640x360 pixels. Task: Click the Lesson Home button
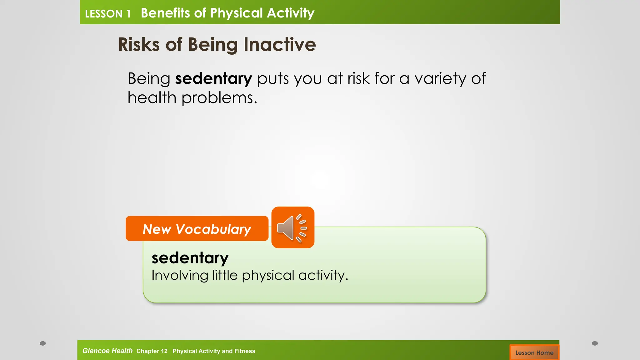534,352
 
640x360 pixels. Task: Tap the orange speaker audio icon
293,227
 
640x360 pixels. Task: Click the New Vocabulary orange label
197,229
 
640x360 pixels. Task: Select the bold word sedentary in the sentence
213,78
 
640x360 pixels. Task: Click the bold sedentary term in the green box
190,258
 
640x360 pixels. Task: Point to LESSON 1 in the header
108,14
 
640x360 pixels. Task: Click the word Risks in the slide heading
139,44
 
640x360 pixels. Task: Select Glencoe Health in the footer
107,351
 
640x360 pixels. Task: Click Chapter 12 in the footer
152,351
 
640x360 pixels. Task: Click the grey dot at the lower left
43,343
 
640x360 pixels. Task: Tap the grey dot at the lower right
595,343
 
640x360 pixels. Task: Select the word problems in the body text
219,98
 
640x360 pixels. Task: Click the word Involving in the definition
180,276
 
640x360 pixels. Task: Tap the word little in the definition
225,275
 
